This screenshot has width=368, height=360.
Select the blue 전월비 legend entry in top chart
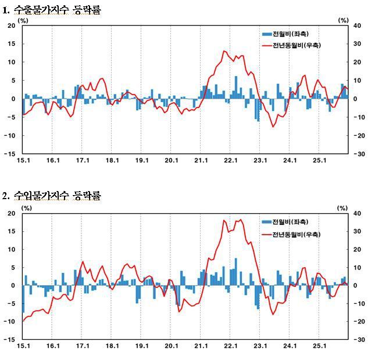[293, 34]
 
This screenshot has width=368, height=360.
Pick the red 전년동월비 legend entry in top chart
[296, 45]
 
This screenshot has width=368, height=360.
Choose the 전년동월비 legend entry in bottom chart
[296, 234]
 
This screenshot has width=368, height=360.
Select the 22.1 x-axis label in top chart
[231, 161]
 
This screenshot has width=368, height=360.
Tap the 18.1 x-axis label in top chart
[112, 161]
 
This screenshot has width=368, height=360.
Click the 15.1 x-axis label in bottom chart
[23, 347]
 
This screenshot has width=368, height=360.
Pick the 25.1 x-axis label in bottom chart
[320, 347]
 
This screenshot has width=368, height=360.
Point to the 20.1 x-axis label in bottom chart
[172, 347]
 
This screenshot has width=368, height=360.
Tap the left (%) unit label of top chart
[23, 20]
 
